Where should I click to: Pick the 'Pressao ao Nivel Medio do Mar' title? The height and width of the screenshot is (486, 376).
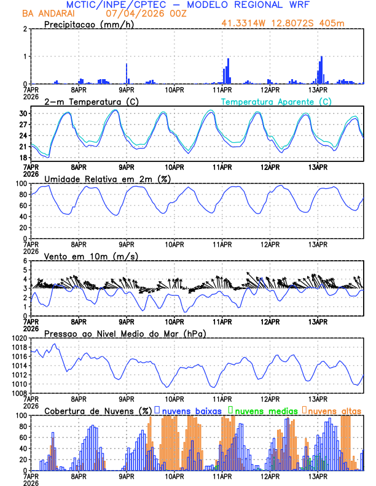[x=125, y=333]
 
